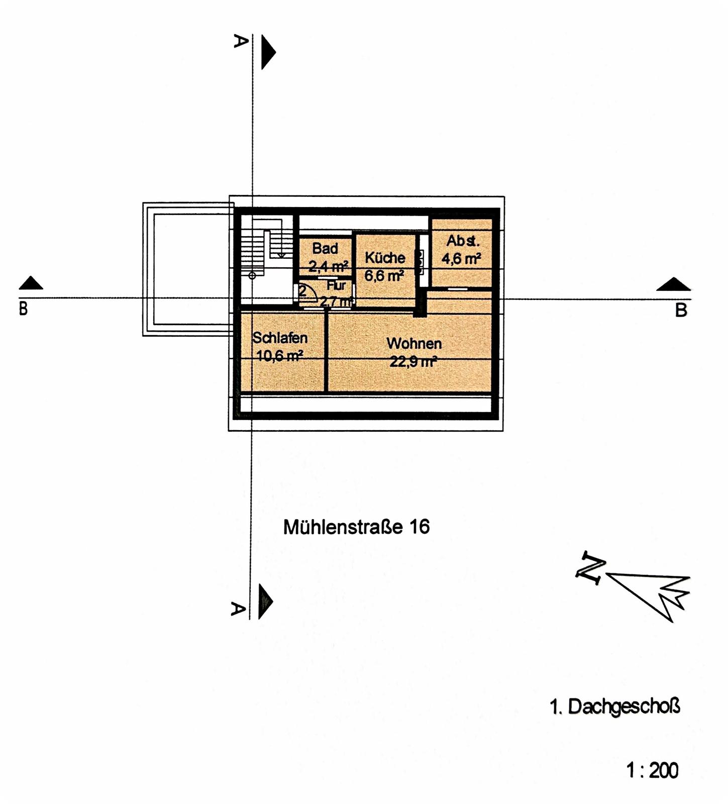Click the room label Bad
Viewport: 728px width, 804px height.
pos(325,248)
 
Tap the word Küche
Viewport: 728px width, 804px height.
pos(385,258)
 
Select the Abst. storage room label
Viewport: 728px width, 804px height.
pos(463,241)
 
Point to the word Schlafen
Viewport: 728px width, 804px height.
pos(280,338)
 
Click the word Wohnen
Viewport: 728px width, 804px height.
pos(414,344)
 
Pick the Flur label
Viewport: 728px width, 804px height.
pos(336,285)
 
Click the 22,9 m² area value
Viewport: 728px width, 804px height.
pos(413,361)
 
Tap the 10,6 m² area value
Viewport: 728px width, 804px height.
pos(279,356)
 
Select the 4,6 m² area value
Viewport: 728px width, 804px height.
pos(461,259)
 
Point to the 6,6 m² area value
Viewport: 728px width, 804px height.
pos(384,276)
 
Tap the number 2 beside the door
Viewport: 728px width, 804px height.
pos(302,290)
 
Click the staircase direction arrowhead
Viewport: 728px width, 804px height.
pos(281,255)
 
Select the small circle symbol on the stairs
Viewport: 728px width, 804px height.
pos(252,275)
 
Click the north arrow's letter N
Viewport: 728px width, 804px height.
pos(591,568)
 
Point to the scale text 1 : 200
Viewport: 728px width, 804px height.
pos(652,770)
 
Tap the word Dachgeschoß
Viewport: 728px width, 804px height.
pos(624,707)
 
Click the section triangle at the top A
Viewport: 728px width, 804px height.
pos(268,52)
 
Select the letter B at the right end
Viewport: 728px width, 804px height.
pos(681,311)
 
